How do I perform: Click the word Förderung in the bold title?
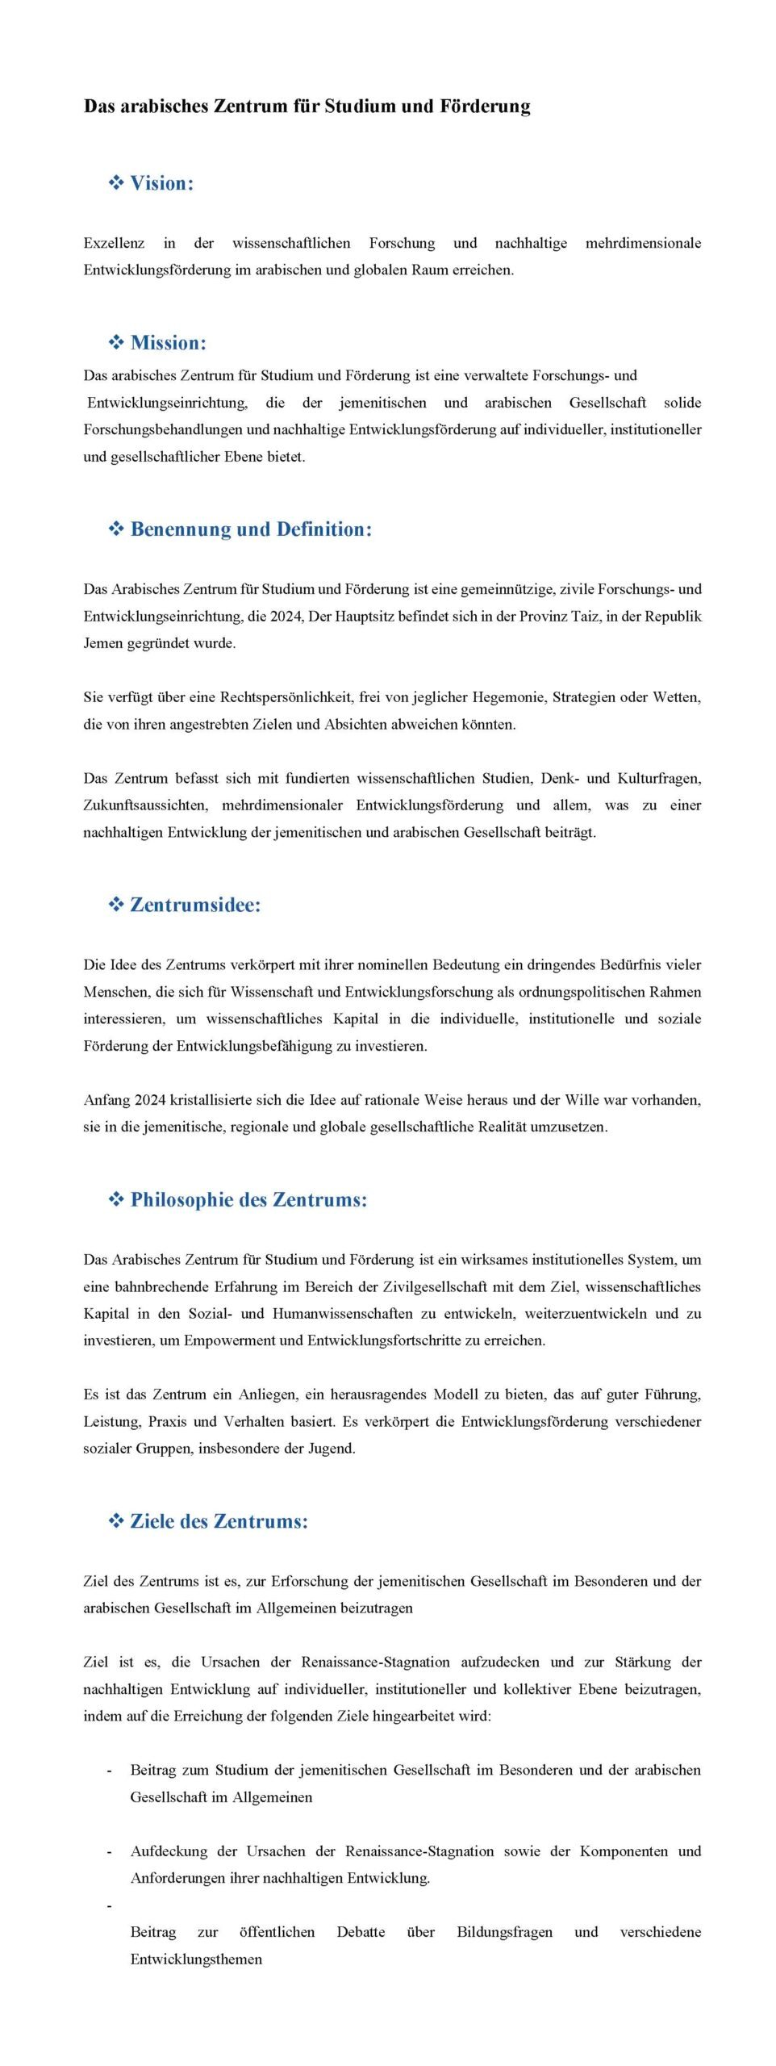484,107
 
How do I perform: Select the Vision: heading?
161,183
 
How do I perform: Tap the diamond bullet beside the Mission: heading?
116,343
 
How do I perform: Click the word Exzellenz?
114,243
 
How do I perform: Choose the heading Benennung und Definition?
251,529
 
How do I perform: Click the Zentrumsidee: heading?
195,905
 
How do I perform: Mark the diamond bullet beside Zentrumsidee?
116,905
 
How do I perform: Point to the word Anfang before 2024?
106,1100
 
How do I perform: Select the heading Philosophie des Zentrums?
248,1200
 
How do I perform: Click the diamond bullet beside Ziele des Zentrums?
116,1521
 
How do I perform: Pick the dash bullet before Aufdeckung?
109,1851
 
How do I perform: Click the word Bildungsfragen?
504,1932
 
